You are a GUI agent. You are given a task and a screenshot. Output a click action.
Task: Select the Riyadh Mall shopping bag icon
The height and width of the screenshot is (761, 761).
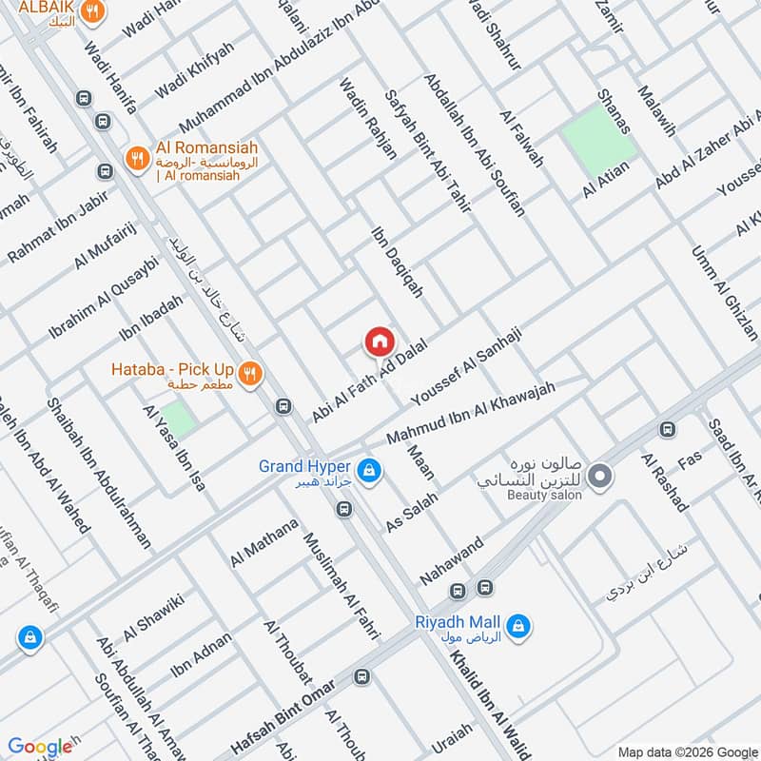519,626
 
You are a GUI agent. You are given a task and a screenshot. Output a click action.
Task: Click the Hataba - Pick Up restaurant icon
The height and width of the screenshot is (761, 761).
251,374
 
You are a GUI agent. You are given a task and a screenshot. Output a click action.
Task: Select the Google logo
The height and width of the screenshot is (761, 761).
41,747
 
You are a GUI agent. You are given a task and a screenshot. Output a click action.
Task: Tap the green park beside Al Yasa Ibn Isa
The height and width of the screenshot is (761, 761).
176,420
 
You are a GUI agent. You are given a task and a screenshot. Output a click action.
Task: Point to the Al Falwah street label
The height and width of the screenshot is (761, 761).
522,139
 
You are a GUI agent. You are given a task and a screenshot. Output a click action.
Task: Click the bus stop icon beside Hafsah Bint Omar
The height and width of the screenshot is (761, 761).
361,677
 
